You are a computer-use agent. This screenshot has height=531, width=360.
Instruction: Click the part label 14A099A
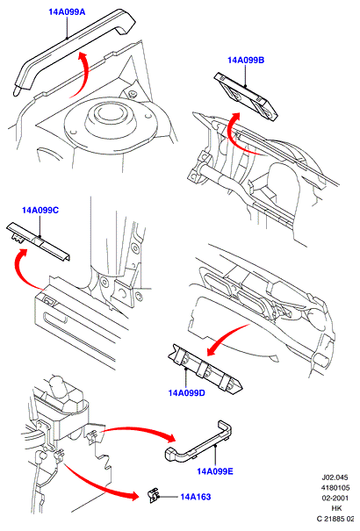(67, 12)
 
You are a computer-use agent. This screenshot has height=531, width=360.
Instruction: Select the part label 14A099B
(246, 61)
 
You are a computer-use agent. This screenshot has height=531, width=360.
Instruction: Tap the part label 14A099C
(40, 211)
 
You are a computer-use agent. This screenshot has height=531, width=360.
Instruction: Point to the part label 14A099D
(187, 393)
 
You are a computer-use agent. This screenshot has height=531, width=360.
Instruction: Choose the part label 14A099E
(215, 471)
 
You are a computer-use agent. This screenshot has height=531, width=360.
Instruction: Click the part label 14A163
(196, 497)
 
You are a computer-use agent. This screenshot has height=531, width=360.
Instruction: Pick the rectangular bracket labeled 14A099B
(246, 97)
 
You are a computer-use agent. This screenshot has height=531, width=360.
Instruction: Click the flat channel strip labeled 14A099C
(39, 241)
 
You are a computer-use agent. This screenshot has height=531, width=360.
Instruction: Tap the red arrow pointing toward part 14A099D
(225, 337)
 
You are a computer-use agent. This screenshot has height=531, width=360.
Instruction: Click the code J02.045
(335, 477)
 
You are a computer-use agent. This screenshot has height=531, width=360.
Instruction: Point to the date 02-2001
(335, 498)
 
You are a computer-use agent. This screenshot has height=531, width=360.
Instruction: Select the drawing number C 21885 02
(335, 518)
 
